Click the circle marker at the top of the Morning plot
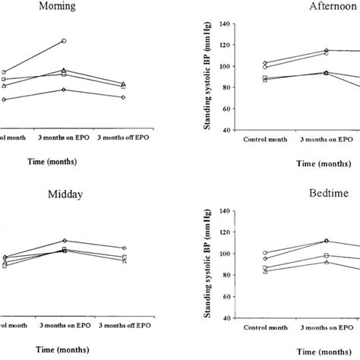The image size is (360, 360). tap(65, 40)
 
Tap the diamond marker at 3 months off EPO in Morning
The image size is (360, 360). tap(124, 97)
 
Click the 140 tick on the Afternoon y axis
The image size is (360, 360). tap(226, 24)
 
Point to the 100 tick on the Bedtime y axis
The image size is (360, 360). tap(226, 254)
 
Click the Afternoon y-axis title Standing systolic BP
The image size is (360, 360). tap(207, 77)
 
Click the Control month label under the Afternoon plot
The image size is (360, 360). tap(265, 141)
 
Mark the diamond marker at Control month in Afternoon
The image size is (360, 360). tap(265, 63)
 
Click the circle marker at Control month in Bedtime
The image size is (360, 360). tap(265, 253)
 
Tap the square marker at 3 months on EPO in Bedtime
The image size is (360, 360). tap(327, 256)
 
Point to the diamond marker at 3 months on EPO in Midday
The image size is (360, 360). tap(65, 241)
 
